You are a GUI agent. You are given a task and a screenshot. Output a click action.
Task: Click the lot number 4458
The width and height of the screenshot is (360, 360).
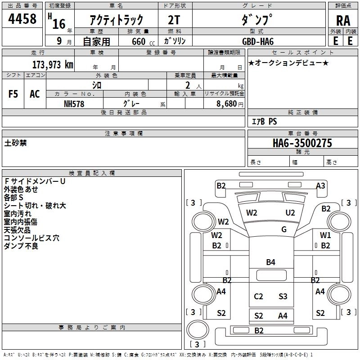click(x=22, y=19)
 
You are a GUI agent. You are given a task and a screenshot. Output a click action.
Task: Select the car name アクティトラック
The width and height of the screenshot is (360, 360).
click(x=117, y=20)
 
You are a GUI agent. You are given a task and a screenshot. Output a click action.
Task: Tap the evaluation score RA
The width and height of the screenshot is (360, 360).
click(x=343, y=21)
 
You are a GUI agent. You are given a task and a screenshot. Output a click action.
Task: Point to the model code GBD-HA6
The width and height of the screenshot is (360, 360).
click(x=258, y=41)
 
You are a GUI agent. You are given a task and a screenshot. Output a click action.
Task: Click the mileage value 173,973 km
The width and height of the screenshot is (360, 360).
click(x=53, y=64)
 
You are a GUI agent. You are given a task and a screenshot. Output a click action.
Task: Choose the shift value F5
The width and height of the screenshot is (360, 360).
click(x=13, y=94)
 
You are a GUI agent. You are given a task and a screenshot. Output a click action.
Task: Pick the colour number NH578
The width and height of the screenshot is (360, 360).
click(x=74, y=103)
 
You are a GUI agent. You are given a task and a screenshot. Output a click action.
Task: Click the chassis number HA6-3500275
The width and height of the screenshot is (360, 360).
click(x=302, y=143)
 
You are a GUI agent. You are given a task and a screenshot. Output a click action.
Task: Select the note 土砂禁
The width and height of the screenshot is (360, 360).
click(x=16, y=143)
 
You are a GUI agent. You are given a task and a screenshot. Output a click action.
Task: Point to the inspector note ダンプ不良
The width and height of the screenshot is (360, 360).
click(x=21, y=246)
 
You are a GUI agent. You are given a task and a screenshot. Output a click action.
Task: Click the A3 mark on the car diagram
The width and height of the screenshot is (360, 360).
click(x=320, y=185)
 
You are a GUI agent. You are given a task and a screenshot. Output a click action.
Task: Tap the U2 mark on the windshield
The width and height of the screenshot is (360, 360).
click(x=290, y=212)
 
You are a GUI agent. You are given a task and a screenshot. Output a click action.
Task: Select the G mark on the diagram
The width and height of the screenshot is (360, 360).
click(x=284, y=229)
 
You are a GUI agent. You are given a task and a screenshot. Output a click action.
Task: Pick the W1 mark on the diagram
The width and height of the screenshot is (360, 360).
click(x=325, y=235)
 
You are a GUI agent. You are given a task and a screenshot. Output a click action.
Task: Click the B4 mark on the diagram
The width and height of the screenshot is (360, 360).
click(x=270, y=262)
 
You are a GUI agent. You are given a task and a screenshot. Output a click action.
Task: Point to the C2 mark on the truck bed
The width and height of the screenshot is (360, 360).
click(x=258, y=296)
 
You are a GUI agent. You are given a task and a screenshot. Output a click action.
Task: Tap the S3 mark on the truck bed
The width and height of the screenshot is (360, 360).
click(x=283, y=296)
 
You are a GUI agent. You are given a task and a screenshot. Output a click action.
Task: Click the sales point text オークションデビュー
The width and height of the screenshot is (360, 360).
click(x=288, y=63)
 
